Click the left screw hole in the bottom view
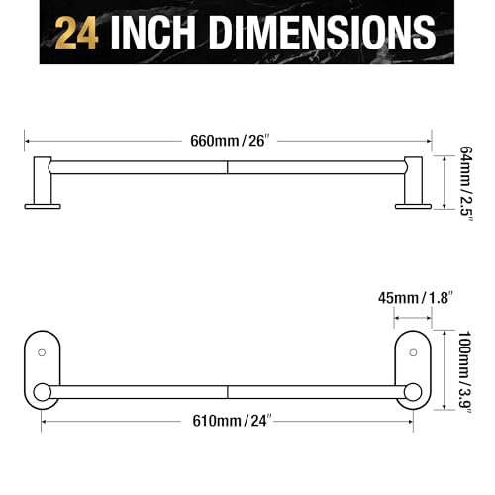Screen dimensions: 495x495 [42, 351]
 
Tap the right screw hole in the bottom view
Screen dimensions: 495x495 [412, 351]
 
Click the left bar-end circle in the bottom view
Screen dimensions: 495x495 [42, 393]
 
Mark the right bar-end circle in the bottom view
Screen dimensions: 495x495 [412, 393]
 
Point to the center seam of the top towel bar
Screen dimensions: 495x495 [228, 168]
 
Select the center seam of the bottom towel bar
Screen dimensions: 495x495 [228, 393]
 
